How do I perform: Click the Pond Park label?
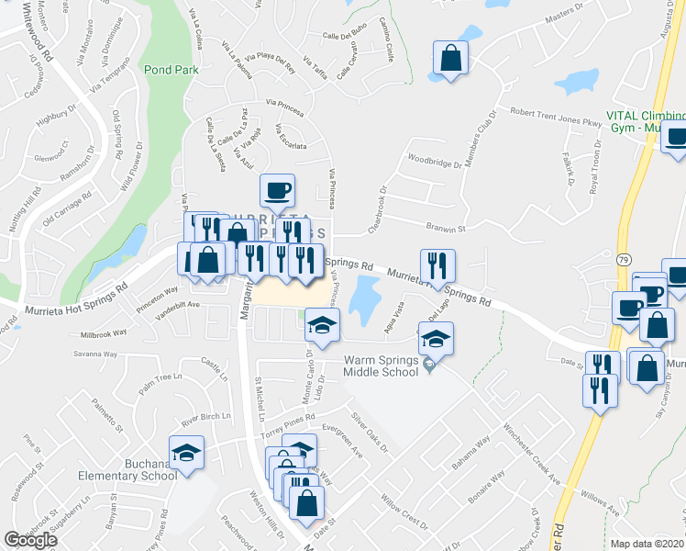pos(171,69)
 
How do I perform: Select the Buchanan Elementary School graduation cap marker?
pos(188,453)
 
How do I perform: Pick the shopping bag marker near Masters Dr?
pos(451,58)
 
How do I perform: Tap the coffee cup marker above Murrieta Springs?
pos(278,191)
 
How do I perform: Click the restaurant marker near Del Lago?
pos(437,266)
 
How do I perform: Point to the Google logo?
pos(30,540)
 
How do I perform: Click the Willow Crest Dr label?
pos(404,512)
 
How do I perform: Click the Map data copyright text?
pos(647,544)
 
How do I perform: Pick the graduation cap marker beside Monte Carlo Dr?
pos(323,325)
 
